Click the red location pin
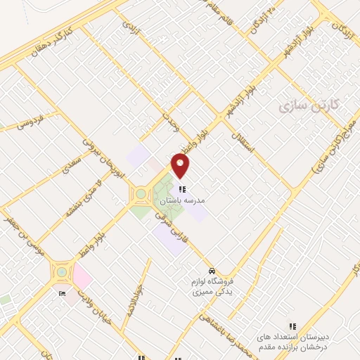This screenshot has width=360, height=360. [x=181, y=165]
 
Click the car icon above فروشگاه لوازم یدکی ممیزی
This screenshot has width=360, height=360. [x=212, y=271]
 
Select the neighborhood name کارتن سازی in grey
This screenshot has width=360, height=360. [x=308, y=105]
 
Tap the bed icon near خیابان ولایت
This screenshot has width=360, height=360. [x=62, y=292]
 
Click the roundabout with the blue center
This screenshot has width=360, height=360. [x=62, y=271]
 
